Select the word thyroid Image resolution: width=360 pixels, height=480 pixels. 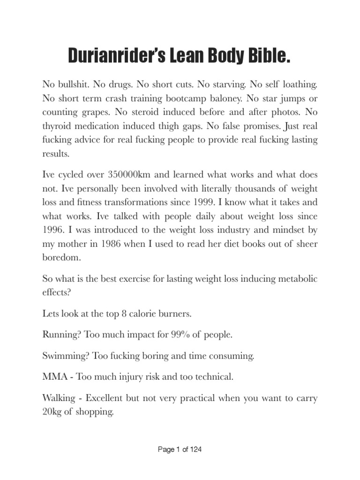tap(57, 126)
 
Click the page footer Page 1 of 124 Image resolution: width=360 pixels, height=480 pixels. tap(180, 450)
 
